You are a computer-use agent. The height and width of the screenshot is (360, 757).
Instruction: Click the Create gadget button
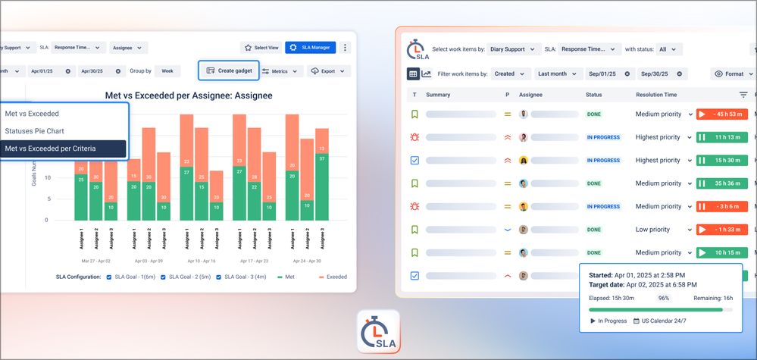[x=228, y=70]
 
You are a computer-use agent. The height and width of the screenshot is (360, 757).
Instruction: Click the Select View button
[x=260, y=47]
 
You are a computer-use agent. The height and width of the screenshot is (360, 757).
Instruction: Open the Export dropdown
[x=329, y=71]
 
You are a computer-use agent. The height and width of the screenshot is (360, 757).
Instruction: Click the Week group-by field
[x=167, y=71]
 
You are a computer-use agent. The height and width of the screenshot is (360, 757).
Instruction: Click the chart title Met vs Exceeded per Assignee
[x=188, y=95]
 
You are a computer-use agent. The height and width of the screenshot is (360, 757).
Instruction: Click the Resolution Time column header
[x=656, y=95]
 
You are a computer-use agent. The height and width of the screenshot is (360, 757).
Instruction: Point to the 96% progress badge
[x=664, y=299]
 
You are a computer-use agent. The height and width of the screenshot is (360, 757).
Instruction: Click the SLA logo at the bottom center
[x=378, y=331]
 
